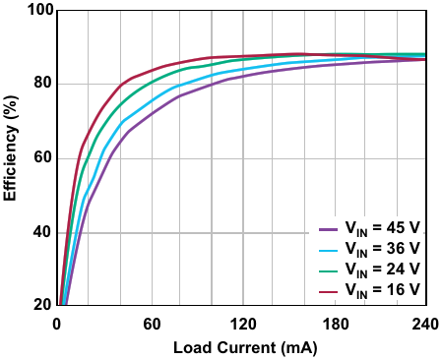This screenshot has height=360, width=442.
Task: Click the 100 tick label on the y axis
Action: (40, 10)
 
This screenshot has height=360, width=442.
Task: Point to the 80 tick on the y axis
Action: (43, 83)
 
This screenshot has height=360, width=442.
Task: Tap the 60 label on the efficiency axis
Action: (43, 157)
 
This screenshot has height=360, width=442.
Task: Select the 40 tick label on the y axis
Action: (43, 232)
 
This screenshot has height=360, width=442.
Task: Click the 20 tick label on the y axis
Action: (43, 305)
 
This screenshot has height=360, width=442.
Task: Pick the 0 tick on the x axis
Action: (57, 324)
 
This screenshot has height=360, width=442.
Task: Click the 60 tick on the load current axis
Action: (152, 324)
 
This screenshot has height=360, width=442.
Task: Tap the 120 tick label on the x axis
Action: (243, 324)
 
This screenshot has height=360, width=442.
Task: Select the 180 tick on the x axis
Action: (336, 324)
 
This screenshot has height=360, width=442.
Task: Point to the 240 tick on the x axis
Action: (425, 324)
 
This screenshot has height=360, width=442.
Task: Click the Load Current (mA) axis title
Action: (245, 348)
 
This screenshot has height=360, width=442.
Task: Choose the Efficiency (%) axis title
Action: (10, 149)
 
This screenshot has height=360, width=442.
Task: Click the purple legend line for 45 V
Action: (328, 229)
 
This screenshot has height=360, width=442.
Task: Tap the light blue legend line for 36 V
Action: (328, 251)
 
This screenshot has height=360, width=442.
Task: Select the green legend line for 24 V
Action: (328, 271)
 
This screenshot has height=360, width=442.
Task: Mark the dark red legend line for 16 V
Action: (328, 291)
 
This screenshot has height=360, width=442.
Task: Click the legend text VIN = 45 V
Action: (382, 228)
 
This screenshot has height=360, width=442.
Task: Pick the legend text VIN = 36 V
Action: (382, 249)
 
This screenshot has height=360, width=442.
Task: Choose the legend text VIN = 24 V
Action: (382, 270)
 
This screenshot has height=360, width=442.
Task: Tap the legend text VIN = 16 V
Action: (382, 290)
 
